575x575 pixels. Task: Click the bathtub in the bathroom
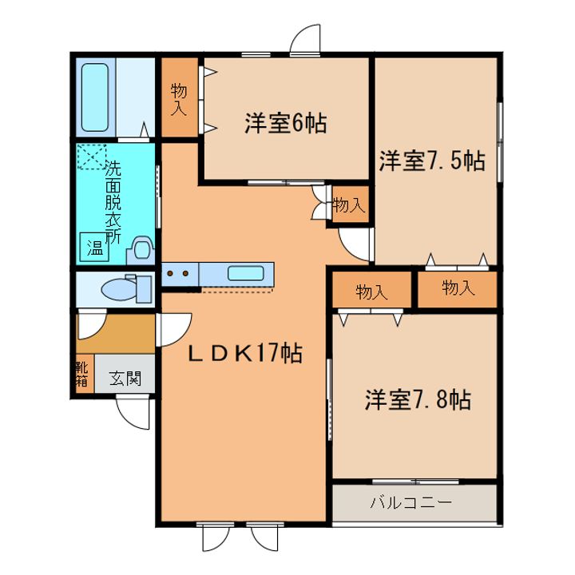pos(95,97)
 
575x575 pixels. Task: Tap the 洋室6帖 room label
pos(285,124)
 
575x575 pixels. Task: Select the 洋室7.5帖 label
pos(431,161)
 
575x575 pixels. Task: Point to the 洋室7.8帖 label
pos(418,399)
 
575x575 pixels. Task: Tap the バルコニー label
pos(410,504)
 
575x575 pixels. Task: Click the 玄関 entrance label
pos(125,378)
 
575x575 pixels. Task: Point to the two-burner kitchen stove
pos(177,274)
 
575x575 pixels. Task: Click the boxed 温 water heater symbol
pos(95,248)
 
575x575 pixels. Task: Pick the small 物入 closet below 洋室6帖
pos(348,205)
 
